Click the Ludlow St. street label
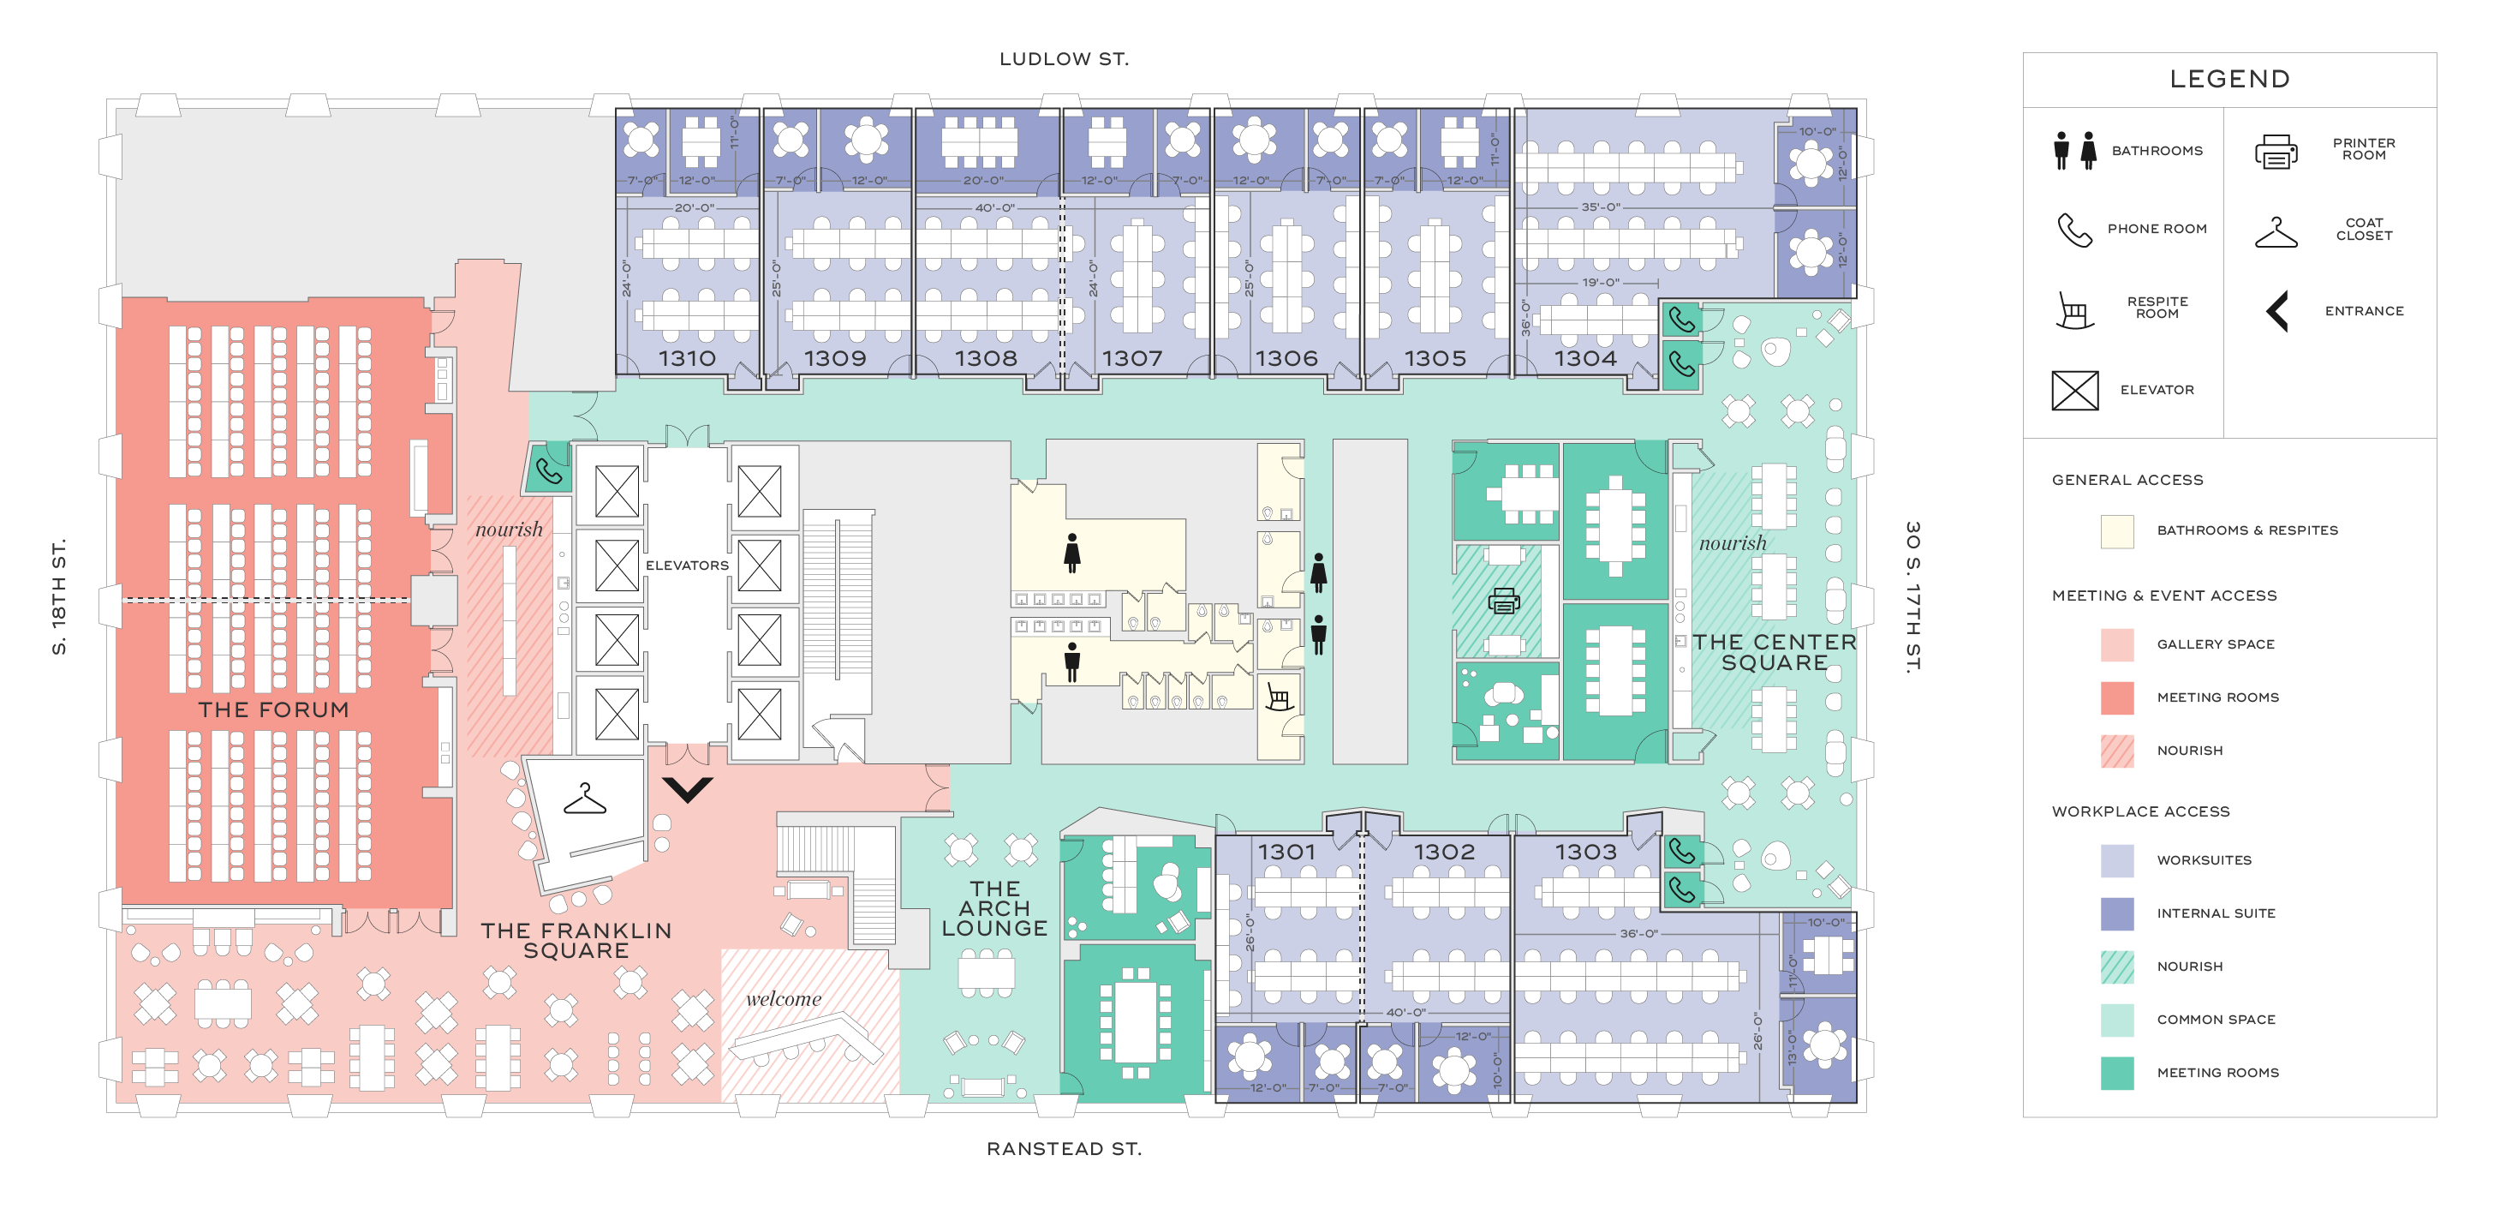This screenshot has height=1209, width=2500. click(x=1064, y=59)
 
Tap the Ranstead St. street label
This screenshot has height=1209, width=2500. click(x=1064, y=1149)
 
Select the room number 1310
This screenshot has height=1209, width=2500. click(x=687, y=358)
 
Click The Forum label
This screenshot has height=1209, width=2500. click(x=274, y=709)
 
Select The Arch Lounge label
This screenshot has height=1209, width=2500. click(x=994, y=909)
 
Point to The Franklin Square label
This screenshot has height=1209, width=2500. click(x=576, y=940)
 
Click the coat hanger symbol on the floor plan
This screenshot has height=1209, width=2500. click(x=584, y=799)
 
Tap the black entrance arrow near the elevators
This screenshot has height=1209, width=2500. click(x=688, y=788)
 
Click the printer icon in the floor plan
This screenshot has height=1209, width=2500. click(x=1503, y=602)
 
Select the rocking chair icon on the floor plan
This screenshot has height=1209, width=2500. click(x=1278, y=697)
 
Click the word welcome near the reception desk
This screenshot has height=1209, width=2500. click(x=783, y=998)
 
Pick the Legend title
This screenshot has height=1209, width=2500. click(x=2229, y=79)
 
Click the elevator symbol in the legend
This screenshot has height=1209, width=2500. click(x=2075, y=391)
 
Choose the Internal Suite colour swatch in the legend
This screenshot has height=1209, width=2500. click(x=2116, y=913)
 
